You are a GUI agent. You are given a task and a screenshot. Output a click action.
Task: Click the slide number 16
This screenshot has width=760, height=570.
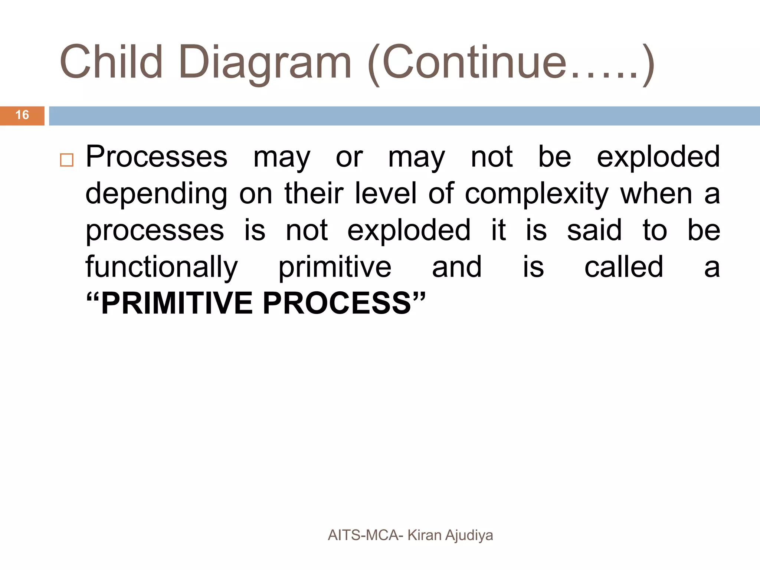tap(22, 115)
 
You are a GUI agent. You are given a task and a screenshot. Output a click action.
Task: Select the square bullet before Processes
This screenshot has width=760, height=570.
tap(67, 160)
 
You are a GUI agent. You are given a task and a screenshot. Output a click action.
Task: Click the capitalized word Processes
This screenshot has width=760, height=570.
tap(156, 157)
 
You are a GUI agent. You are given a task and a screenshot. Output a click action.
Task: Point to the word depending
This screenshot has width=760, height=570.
tap(156, 194)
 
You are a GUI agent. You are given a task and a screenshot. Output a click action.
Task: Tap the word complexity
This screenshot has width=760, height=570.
tap(537, 194)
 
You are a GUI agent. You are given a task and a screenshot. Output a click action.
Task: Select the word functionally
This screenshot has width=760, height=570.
tap(161, 268)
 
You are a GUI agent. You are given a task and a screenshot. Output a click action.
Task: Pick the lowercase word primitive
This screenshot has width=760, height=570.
tap(335, 268)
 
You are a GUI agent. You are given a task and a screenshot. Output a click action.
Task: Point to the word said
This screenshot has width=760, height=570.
tap(594, 230)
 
